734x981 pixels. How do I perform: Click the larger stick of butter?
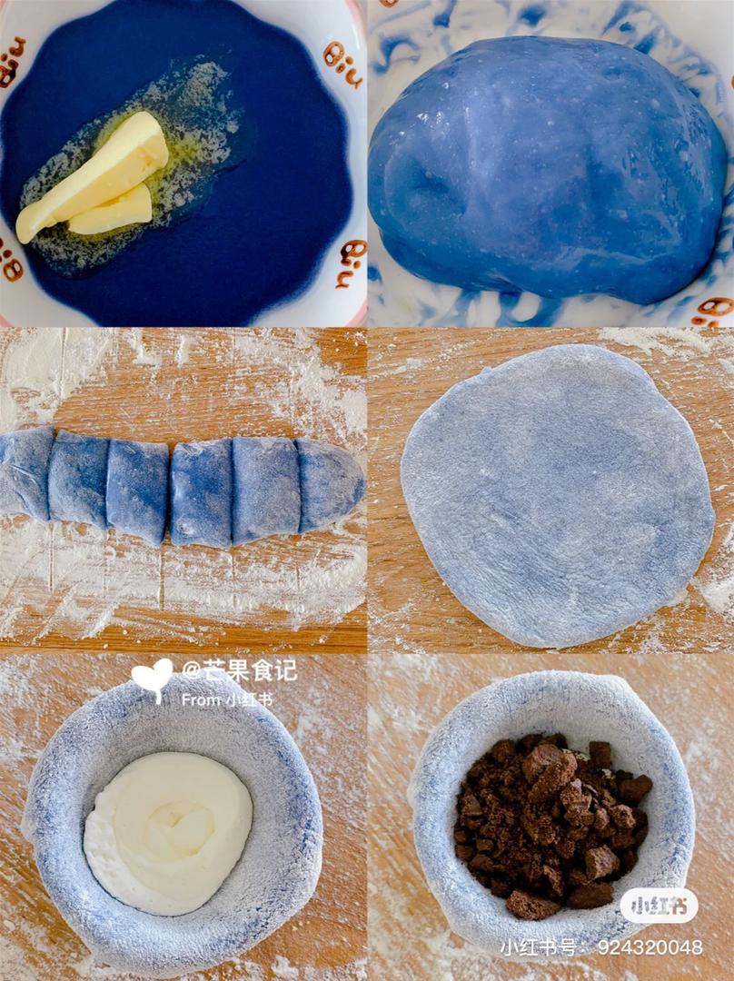coord(94,174)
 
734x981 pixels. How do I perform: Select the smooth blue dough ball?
coord(547,170)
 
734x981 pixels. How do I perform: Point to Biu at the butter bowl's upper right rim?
coord(342,64)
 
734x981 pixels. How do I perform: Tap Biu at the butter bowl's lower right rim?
coord(351,263)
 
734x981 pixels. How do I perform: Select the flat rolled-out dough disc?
coord(556,495)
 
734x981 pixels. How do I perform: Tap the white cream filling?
coord(168,832)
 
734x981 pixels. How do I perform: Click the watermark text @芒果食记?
coord(239,670)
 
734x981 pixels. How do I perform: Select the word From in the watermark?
coord(200,699)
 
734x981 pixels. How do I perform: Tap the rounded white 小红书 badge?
coord(659,906)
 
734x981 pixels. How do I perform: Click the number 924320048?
coord(650,947)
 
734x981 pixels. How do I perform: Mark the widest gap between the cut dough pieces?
coord(170,494)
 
